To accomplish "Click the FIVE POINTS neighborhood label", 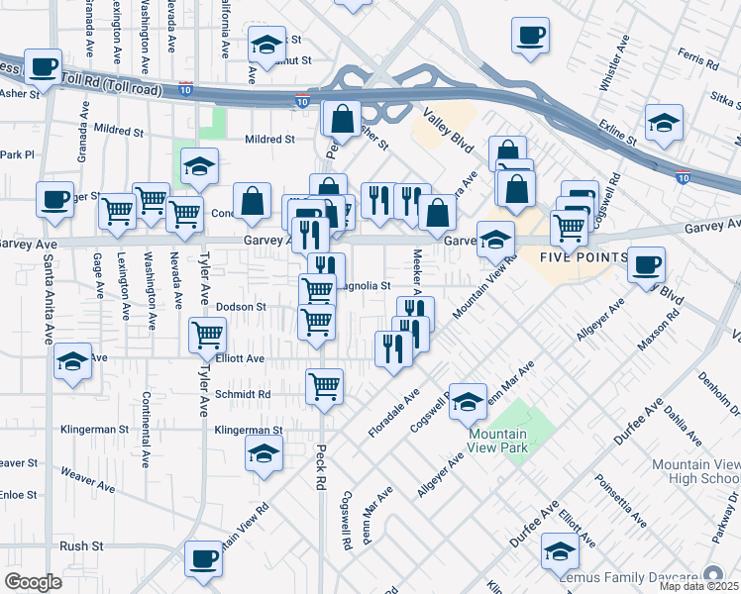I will click(x=583, y=257).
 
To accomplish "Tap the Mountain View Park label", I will click(x=498, y=441).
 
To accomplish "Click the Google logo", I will click(x=33, y=581).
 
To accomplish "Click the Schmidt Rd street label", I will click(x=243, y=394).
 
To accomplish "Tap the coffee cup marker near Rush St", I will click(x=204, y=559).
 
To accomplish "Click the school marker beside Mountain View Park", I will click(x=468, y=401).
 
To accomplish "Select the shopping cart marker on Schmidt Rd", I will click(x=324, y=387).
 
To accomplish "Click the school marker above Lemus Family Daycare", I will click(x=560, y=550).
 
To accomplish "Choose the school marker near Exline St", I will click(x=664, y=125).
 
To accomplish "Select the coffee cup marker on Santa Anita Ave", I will click(x=54, y=200).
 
